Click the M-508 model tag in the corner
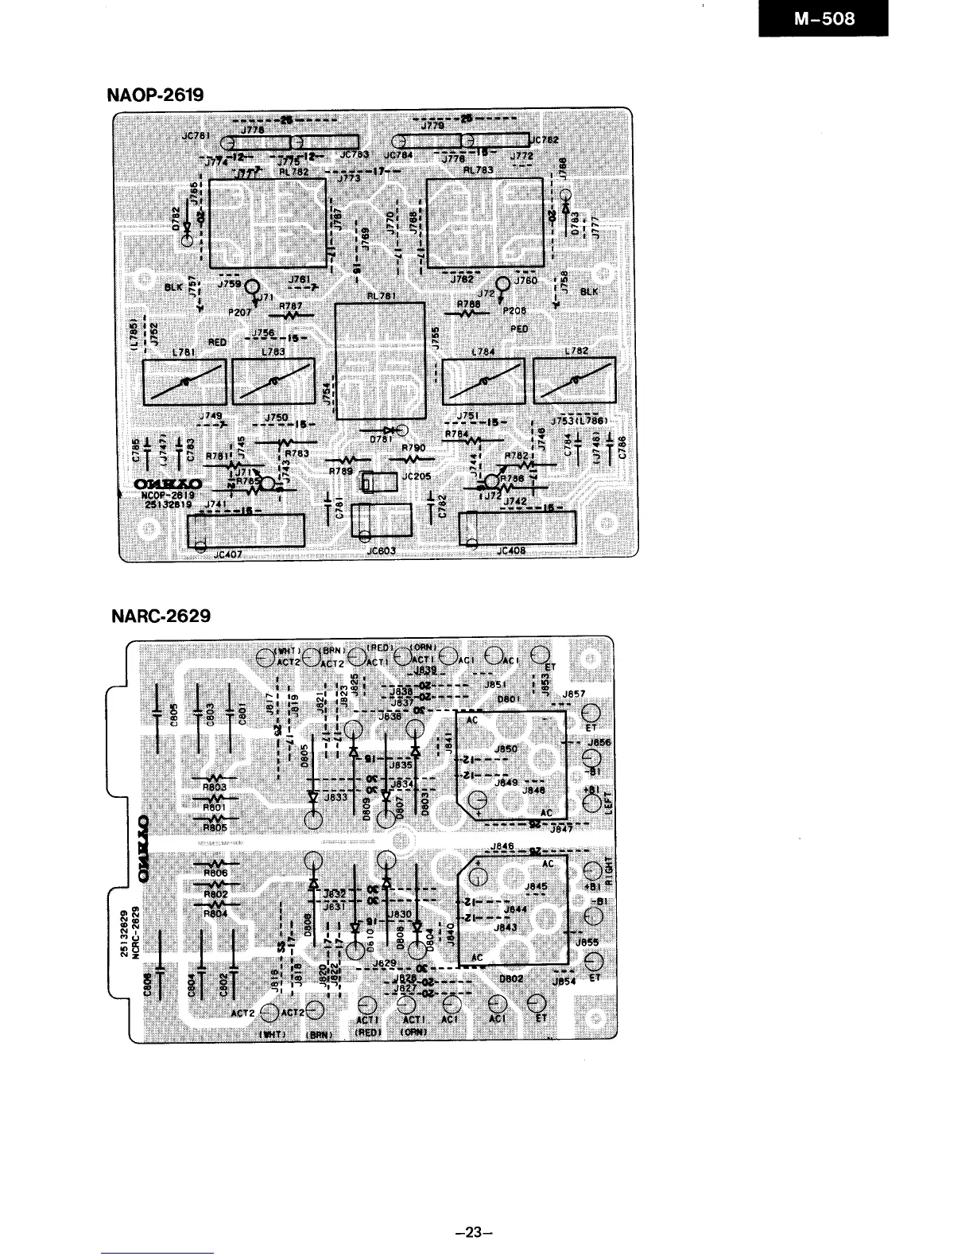pyautogui.click(x=824, y=18)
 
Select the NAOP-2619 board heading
pyautogui.click(x=155, y=95)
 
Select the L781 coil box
pyautogui.click(x=184, y=382)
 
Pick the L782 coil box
pyautogui.click(x=575, y=381)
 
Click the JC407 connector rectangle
pyautogui.click(x=246, y=531)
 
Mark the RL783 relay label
pyautogui.click(x=479, y=169)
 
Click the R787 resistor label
pyautogui.click(x=291, y=305)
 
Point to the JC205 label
pyautogui.click(x=417, y=476)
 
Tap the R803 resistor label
pyautogui.click(x=215, y=787)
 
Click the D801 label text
pyautogui.click(x=509, y=698)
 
